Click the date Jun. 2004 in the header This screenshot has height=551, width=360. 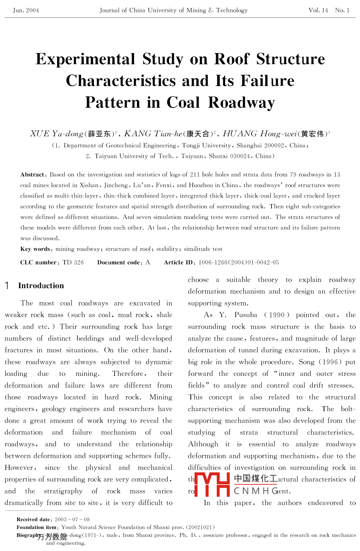pyautogui.click(x=26, y=10)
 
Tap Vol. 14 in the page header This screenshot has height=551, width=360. pyautogui.click(x=318, y=10)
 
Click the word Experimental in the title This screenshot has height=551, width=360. pyautogui.click(x=85, y=59)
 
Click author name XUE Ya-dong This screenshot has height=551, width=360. pyautogui.click(x=57, y=134)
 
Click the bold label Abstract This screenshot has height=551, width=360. pyautogui.click(x=32, y=175)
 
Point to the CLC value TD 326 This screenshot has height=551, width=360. pyautogui.click(x=73, y=262)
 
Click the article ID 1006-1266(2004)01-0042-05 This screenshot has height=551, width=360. pyautogui.click(x=239, y=262)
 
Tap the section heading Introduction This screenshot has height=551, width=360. pyautogui.click(x=41, y=286)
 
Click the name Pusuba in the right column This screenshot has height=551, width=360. pyautogui.click(x=246, y=315)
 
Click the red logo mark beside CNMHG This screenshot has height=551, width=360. pyautogui.click(x=212, y=484)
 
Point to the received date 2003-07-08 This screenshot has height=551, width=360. pyautogui.click(x=72, y=520)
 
